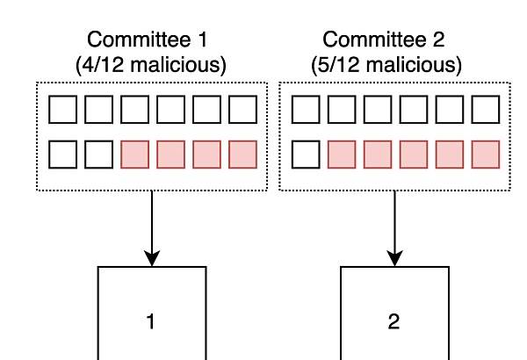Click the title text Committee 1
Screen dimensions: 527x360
tap(148, 40)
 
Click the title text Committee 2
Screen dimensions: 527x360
tap(384, 40)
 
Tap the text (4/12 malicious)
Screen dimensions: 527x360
tap(151, 64)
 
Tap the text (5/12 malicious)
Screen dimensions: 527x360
tap(386, 64)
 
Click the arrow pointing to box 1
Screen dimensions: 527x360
tap(152, 228)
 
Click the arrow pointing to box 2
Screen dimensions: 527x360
tap(394, 228)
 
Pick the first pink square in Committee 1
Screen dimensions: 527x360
tap(134, 155)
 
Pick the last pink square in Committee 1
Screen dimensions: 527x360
tap(242, 155)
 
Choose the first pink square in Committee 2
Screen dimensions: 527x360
tap(342, 155)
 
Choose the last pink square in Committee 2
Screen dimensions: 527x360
tap(486, 155)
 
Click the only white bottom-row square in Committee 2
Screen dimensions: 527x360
tap(306, 155)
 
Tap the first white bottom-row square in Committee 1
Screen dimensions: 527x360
tap(63, 155)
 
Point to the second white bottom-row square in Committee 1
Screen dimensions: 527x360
tap(98, 155)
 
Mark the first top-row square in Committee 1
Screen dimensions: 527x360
tap(63, 110)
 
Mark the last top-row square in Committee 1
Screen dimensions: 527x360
tap(242, 110)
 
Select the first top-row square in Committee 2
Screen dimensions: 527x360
tap(306, 110)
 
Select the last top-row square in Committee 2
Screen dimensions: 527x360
tap(486, 110)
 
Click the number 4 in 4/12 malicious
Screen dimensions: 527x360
tap(87, 64)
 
